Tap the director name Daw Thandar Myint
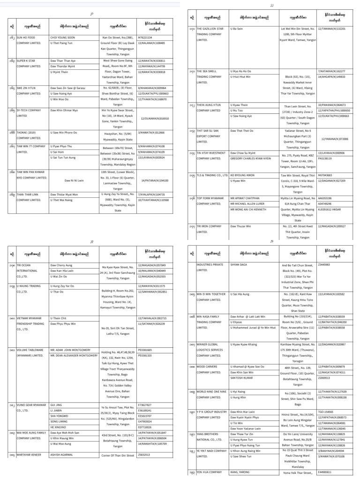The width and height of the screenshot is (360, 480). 63,66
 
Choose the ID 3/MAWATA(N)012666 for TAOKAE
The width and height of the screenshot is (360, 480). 151,133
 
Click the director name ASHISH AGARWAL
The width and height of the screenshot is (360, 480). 61,455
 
